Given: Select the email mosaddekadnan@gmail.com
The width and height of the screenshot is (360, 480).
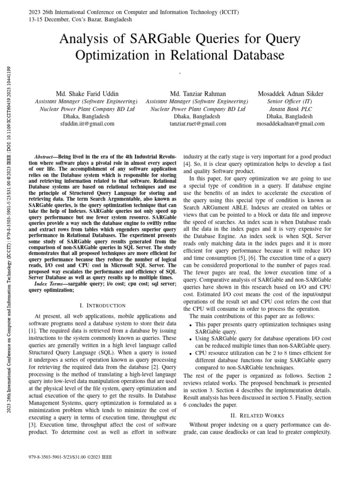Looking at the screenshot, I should [291, 124].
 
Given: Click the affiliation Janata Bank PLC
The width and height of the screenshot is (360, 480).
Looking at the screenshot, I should [291, 109].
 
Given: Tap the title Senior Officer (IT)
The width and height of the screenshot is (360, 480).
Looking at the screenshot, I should [291, 101].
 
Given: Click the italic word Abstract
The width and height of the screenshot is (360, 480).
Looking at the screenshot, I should [45, 156].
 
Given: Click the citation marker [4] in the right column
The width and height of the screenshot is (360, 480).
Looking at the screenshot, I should [187, 164].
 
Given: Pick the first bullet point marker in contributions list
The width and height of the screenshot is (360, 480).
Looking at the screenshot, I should [190, 325].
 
